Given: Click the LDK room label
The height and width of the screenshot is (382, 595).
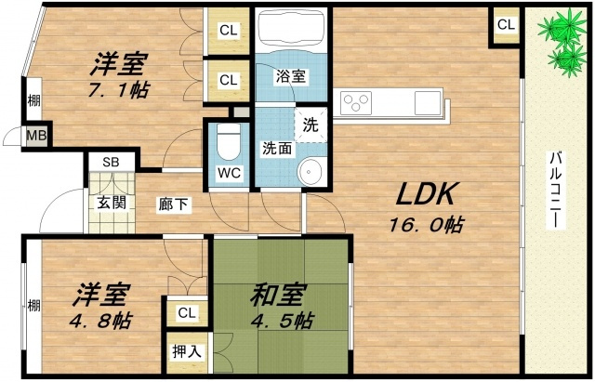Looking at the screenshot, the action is point(425,194).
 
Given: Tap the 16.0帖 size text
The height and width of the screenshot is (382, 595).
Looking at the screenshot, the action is point(426,225).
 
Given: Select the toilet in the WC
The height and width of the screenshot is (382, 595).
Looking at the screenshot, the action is point(229,141).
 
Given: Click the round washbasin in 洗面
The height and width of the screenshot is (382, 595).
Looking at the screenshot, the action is point(310,172).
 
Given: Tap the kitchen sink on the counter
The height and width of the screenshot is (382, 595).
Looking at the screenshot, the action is point(428,103).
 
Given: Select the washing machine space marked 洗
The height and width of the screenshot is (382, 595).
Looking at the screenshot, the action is point(311,125).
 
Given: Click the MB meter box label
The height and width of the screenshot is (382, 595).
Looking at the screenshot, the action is point(37,136).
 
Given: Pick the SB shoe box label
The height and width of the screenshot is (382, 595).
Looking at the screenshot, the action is point(111,163).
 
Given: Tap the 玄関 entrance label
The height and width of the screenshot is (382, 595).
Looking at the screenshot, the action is point(112,203).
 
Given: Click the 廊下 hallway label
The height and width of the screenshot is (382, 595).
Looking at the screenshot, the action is point(173,204).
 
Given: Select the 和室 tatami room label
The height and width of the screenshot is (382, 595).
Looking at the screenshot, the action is point(277,295).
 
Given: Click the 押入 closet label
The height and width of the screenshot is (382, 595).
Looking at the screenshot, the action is point(187,352).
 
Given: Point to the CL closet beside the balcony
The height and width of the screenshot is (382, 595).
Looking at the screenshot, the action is point(506,25).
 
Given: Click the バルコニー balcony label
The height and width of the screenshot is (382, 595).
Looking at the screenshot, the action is point(556,190).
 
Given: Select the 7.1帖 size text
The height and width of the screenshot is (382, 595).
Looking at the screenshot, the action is point(119,90).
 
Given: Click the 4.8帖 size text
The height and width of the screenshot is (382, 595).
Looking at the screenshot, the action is point(100,321).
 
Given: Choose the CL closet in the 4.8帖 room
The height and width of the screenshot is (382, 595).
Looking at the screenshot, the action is point(187,313).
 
